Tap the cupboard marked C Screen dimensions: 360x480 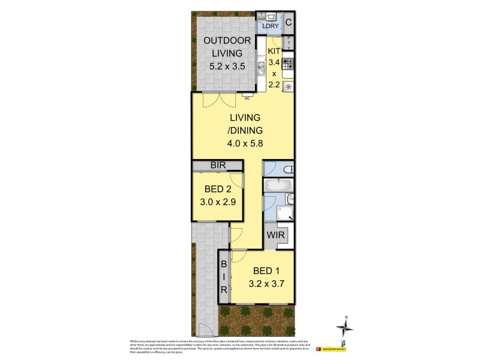coord(289,23)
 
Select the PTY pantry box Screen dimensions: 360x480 coord(289,43)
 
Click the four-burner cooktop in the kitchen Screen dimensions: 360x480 coord(289,62)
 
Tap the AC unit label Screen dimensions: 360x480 coord(247,97)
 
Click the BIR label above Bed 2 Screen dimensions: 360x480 coord(217,166)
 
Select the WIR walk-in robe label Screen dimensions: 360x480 coord(277,235)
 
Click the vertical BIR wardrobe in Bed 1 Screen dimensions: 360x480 coord(224,277)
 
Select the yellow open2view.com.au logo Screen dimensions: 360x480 coord(334,347)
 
